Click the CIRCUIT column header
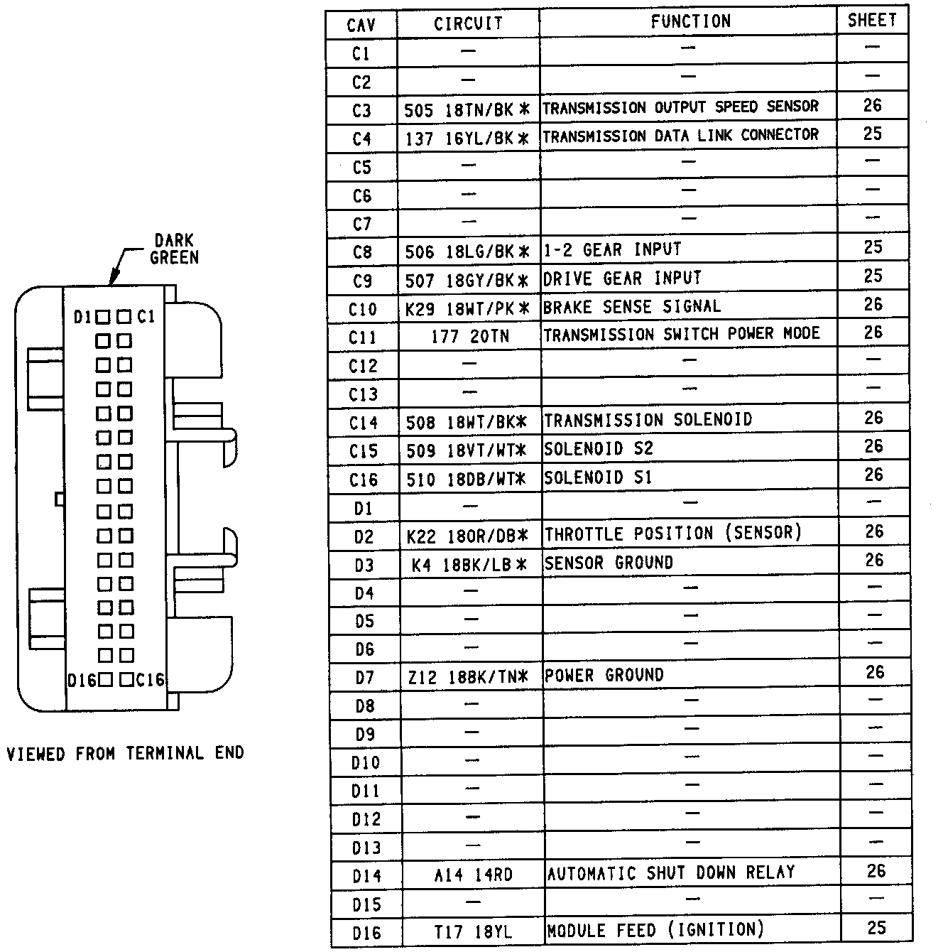click(x=468, y=23)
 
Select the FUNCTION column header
click(x=690, y=22)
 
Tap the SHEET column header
click(x=872, y=21)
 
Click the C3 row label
click(x=361, y=110)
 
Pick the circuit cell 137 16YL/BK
click(x=467, y=139)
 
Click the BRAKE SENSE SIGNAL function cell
click(x=632, y=307)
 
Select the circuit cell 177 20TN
click(x=469, y=335)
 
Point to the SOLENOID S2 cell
click(x=598, y=449)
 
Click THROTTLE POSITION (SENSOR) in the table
click(x=672, y=534)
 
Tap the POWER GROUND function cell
click(x=604, y=675)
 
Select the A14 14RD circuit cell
click(x=473, y=875)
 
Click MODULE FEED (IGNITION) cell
click(x=655, y=929)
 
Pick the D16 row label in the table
click(x=366, y=933)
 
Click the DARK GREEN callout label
click(x=174, y=249)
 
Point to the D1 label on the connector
click(x=83, y=317)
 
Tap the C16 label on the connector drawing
click(x=150, y=680)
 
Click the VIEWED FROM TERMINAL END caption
click(x=126, y=753)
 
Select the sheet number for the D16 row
click(x=876, y=927)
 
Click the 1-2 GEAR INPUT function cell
click(x=612, y=250)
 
